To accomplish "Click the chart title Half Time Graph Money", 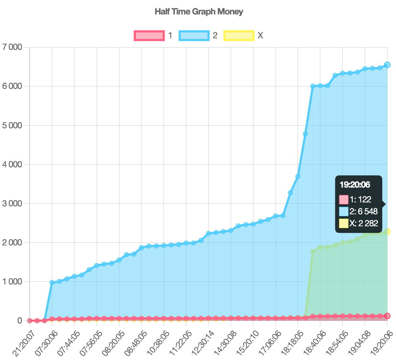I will [199, 12].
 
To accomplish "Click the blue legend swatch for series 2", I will [194, 35].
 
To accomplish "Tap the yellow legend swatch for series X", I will [239, 35].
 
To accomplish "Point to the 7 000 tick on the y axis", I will [12, 47].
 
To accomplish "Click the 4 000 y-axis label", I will [12, 164].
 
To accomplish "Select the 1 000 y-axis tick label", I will [12, 282].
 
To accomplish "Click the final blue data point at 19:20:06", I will [387, 65].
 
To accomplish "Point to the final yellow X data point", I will [387, 232].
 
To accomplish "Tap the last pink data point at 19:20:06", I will [387, 316].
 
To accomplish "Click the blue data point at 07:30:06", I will [52, 283].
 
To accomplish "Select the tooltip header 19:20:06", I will [355, 185].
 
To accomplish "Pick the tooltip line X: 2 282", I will [363, 223].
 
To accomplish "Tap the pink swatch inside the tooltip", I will [344, 200].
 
